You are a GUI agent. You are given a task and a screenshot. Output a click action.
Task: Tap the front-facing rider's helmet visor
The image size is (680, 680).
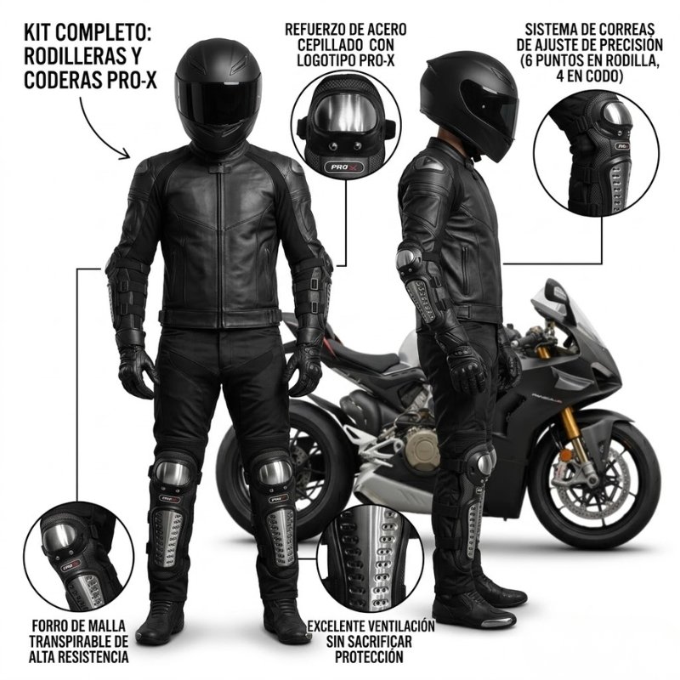coord(218,99)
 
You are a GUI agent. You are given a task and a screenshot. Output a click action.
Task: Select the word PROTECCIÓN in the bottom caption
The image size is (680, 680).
coord(369,656)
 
